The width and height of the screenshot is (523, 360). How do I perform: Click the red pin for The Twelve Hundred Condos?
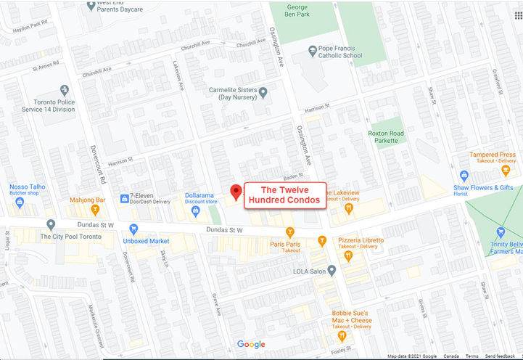pos(236,192)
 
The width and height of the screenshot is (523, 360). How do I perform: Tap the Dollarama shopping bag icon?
pos(195,210)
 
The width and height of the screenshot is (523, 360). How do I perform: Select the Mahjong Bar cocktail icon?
pos(94,210)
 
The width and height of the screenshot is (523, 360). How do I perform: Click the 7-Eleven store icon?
pos(124,197)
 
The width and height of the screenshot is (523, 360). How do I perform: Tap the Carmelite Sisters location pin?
pos(263,92)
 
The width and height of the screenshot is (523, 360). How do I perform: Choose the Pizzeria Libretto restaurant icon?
pos(348,255)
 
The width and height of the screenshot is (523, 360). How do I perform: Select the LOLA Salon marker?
pos(331,271)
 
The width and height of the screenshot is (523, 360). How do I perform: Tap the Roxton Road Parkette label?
pos(385,136)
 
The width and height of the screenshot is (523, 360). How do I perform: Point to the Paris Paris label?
pos(285,245)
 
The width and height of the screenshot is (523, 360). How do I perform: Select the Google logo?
pos(251,344)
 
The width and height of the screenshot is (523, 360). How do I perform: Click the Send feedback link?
pos(501,356)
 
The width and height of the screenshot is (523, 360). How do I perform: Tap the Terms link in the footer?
pos(471,356)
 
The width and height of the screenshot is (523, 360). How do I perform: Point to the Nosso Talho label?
pos(28,187)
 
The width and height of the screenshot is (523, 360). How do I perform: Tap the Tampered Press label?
pos(493,155)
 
